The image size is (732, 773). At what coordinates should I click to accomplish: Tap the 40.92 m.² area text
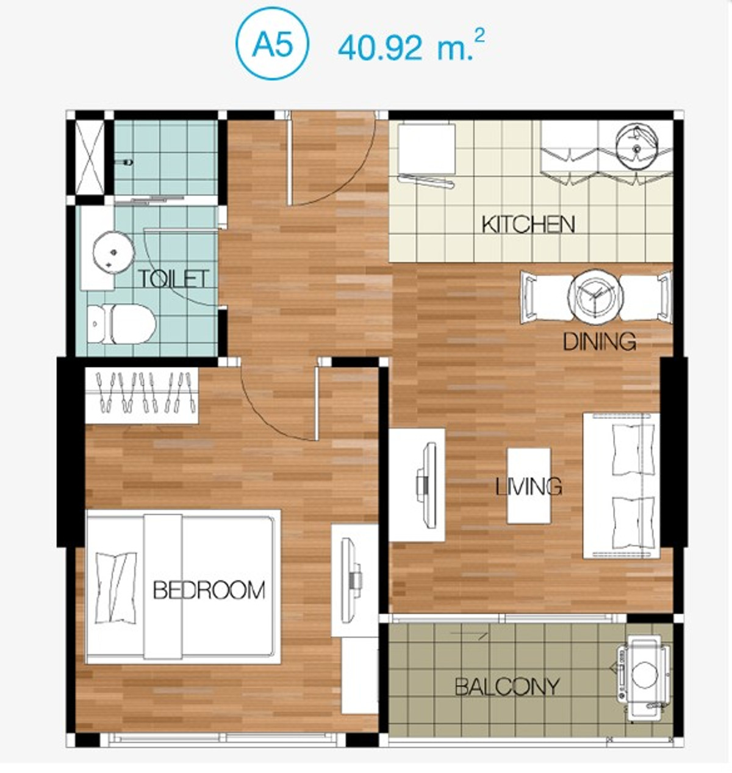(411, 46)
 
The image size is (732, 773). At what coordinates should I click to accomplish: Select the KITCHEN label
(528, 225)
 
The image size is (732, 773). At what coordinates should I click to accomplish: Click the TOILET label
(173, 279)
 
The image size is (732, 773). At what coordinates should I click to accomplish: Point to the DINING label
(600, 341)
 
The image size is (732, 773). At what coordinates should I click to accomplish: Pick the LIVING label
(528, 487)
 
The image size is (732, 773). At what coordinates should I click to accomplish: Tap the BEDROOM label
(209, 590)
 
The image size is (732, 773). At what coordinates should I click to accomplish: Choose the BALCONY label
(507, 687)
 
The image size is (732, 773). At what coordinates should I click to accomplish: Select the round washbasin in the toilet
(113, 252)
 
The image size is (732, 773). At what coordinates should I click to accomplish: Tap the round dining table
(595, 297)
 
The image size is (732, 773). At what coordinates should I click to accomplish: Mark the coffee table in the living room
(528, 486)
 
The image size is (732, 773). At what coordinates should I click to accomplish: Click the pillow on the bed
(117, 588)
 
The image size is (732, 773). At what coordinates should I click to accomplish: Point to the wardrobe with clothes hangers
(142, 396)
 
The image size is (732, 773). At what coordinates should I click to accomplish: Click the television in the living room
(427, 485)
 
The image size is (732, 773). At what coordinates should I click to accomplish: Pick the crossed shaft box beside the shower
(90, 158)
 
